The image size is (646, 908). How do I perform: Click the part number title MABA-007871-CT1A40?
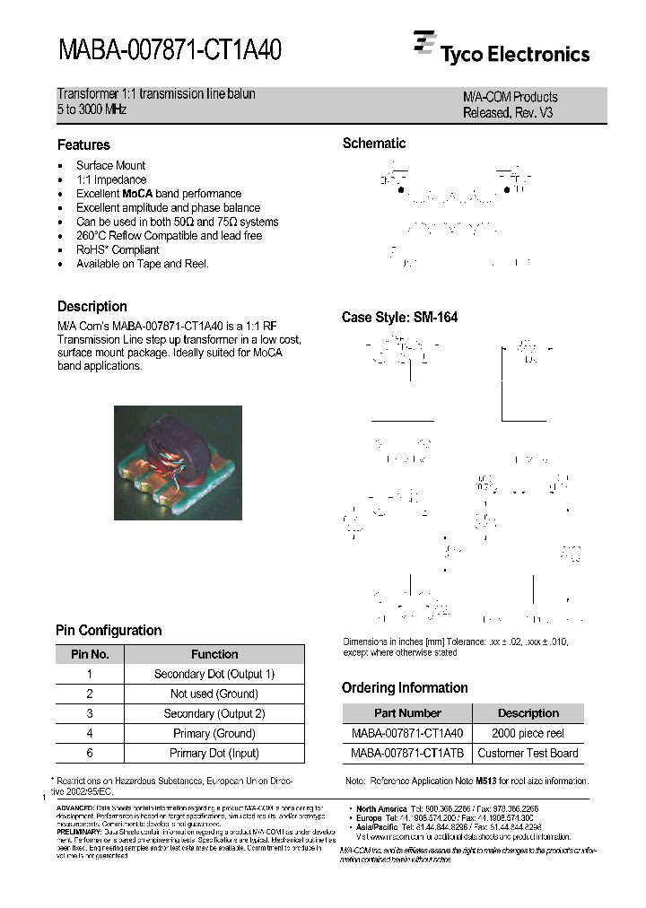point(170,50)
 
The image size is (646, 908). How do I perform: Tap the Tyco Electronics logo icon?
point(423,42)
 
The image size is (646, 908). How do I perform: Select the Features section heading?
point(83,145)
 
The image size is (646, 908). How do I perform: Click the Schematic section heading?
point(374,144)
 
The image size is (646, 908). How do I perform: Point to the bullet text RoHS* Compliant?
point(118,250)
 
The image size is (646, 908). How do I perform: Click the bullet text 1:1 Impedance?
point(111,179)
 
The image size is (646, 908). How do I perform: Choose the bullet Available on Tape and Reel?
point(142,265)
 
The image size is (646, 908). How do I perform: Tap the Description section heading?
point(92,307)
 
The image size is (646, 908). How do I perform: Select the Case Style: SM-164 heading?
point(399,318)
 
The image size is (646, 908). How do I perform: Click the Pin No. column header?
point(90,655)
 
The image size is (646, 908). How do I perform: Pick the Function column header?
point(214,655)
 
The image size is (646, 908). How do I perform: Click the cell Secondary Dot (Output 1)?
point(214,674)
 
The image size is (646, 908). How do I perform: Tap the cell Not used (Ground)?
point(214,694)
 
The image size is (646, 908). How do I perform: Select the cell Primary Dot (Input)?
point(214,754)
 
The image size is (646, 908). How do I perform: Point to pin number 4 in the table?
point(90,734)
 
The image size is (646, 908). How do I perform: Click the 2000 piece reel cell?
point(528,734)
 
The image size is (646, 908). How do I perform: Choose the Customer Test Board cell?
point(528,754)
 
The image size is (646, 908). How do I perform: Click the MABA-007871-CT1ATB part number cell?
point(407,754)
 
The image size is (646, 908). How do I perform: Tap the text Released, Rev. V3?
point(507,113)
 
